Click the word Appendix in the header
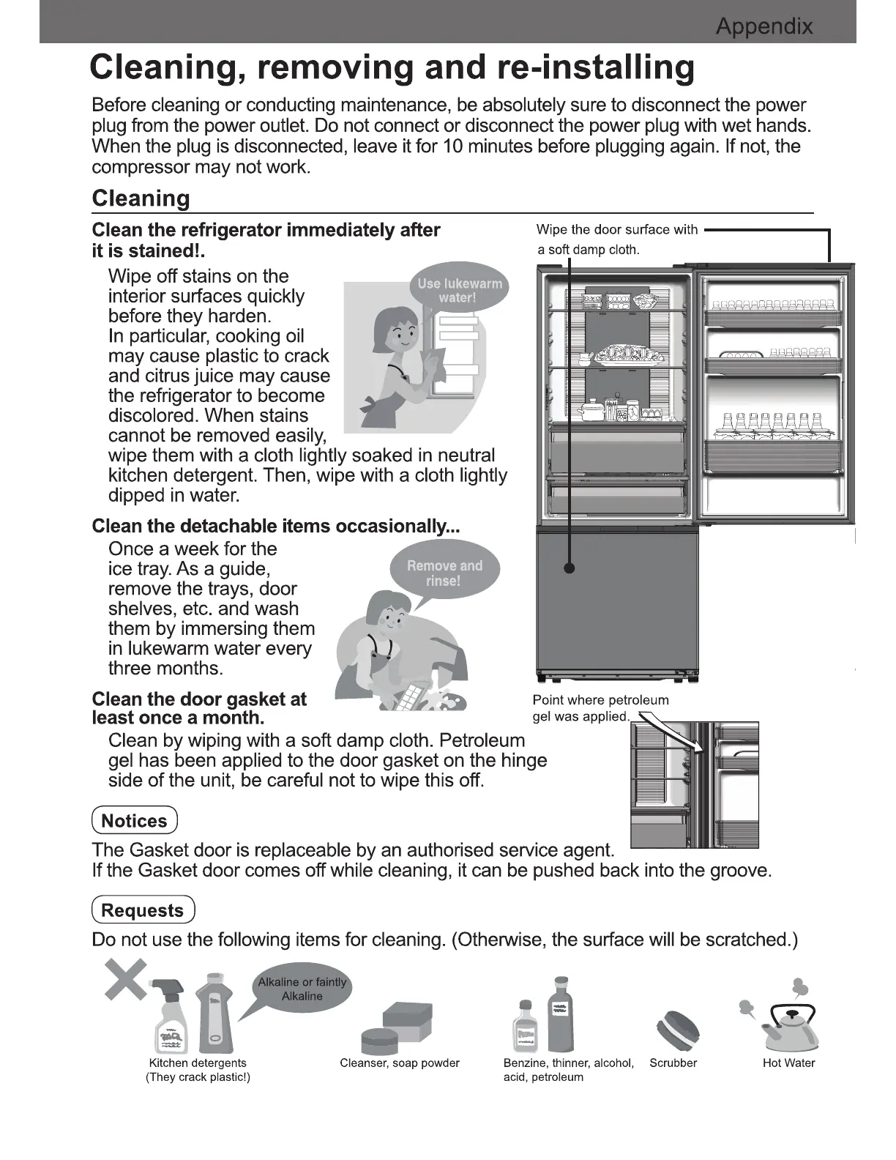(x=764, y=27)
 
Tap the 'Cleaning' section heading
(x=141, y=198)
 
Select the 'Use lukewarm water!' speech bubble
(x=459, y=290)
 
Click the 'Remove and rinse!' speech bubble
(x=444, y=573)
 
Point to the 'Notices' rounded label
(x=135, y=821)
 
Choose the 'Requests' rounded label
(x=143, y=910)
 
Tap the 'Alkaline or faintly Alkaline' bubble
(x=302, y=989)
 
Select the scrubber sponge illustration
(x=676, y=1030)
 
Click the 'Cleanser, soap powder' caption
(x=400, y=1063)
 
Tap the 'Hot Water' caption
(x=788, y=1063)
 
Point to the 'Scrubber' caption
(x=673, y=1063)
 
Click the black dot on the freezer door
(x=570, y=568)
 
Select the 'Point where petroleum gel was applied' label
(x=600, y=708)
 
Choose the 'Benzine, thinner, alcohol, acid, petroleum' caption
(x=568, y=1070)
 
